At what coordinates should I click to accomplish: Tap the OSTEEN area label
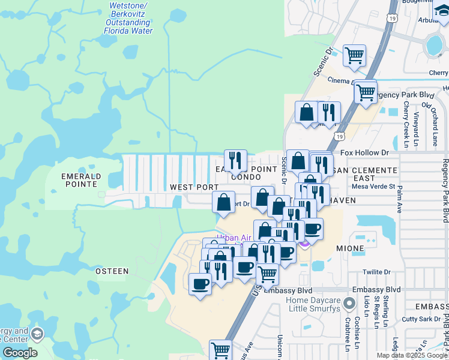(112, 271)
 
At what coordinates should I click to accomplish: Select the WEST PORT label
(194, 187)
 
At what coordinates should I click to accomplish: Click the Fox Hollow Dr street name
(368, 153)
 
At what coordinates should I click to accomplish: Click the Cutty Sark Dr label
(425, 319)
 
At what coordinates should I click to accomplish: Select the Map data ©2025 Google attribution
(412, 355)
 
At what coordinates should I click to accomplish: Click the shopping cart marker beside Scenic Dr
(354, 55)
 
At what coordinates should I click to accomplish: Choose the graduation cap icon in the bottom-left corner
(37, 334)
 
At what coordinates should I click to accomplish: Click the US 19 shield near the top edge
(391, 5)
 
